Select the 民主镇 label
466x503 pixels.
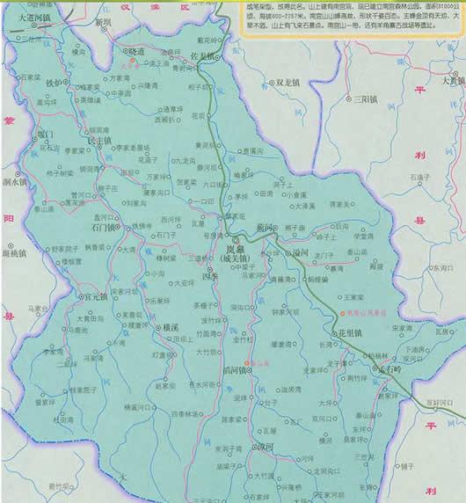(x=99, y=140)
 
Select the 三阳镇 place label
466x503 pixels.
(x=361, y=99)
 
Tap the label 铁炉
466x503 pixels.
(x=55, y=83)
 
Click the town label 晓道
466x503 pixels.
(x=135, y=53)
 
